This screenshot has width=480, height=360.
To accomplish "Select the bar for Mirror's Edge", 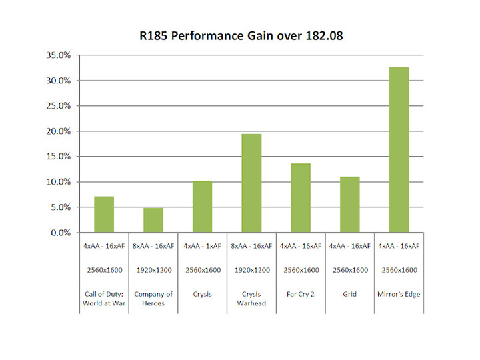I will (x=399, y=150).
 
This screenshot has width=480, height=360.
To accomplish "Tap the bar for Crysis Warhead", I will (x=251, y=183).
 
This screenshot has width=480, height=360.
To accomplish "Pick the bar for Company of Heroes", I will (x=153, y=220).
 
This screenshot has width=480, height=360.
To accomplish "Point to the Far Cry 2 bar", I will (x=301, y=198).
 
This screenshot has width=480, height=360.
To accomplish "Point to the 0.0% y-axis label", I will (x=59, y=233).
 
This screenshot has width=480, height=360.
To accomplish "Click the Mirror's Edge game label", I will (x=399, y=294).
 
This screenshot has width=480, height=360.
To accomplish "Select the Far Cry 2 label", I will (x=301, y=294).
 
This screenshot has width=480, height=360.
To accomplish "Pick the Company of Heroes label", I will (x=153, y=298).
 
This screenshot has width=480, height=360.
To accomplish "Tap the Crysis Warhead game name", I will (x=251, y=298).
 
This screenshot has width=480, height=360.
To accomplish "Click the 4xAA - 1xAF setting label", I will (x=203, y=246).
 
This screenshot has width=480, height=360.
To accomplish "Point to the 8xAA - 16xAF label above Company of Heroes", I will (x=153, y=246).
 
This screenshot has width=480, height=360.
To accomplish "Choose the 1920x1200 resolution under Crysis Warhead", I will (x=251, y=270).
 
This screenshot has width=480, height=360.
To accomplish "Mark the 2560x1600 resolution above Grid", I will (x=350, y=270).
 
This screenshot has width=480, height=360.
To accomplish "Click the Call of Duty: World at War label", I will (x=104, y=298).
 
